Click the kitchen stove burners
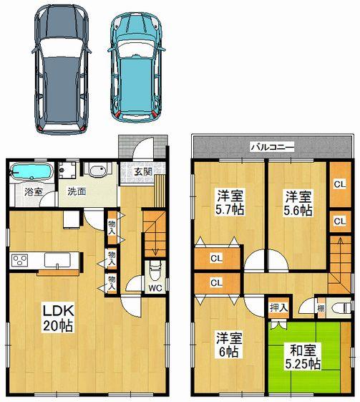(x=18, y=259)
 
